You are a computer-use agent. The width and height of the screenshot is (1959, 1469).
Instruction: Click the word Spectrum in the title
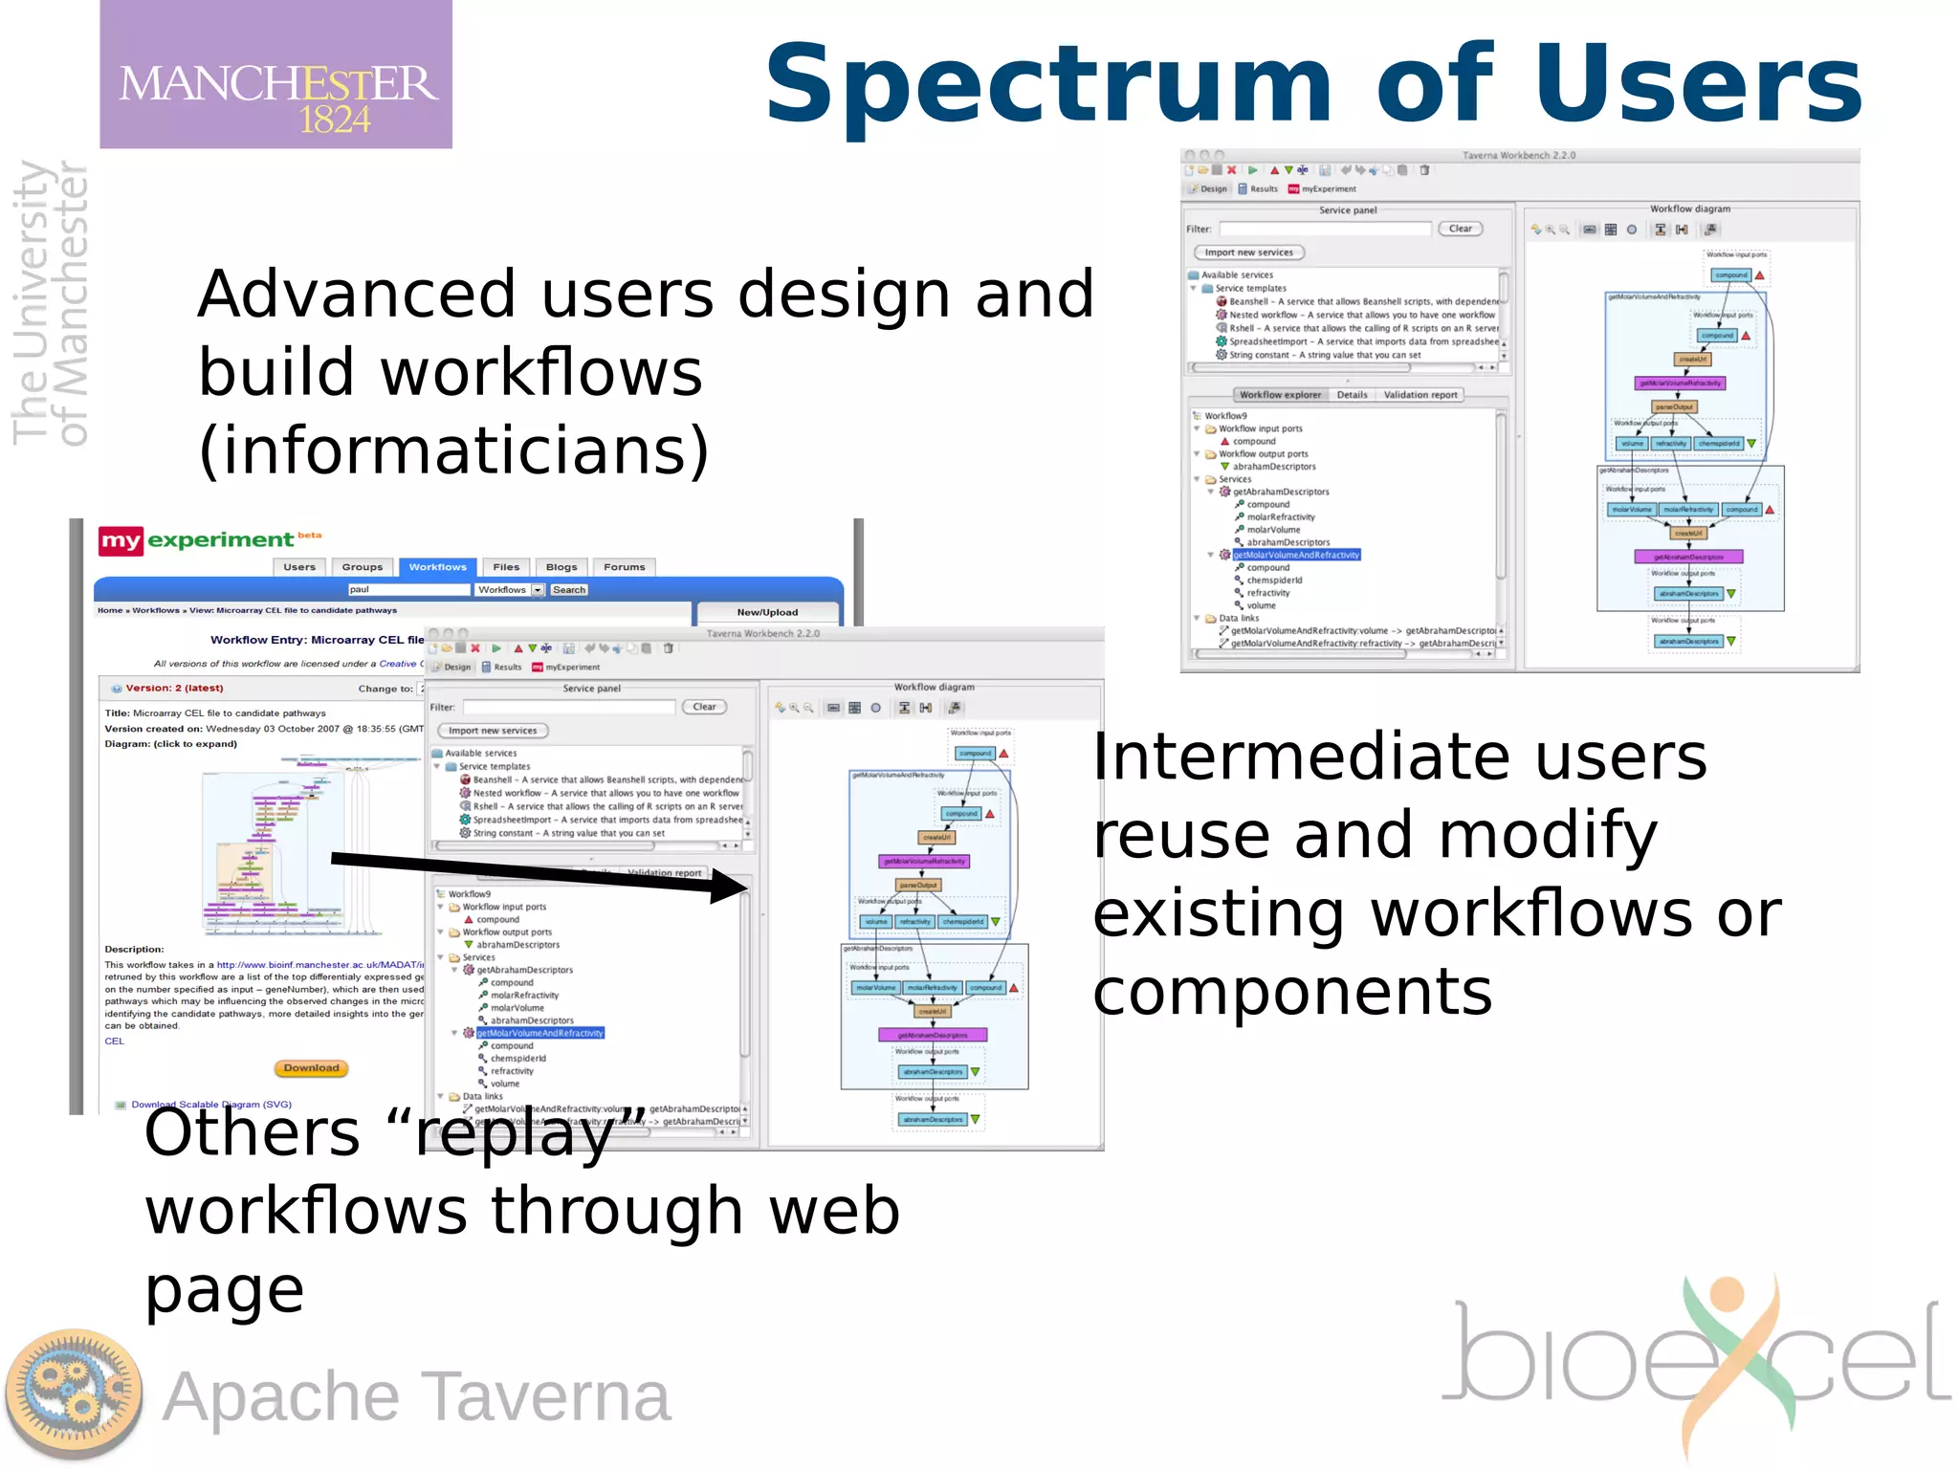[1047, 86]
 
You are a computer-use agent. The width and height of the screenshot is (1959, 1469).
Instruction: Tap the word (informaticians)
[454, 451]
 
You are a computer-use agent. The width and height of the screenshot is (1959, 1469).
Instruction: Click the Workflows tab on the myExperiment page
[437, 567]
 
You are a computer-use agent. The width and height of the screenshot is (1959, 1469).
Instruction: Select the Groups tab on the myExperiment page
[362, 567]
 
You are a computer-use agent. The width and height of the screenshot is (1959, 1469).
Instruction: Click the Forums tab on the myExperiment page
[624, 567]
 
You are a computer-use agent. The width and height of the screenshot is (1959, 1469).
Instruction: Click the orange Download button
[311, 1068]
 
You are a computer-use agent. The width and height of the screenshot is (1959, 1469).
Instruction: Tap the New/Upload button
[767, 612]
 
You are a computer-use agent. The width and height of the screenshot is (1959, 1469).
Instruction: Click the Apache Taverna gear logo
[74, 1394]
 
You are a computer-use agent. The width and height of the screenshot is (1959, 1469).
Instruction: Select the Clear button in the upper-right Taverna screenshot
[1460, 229]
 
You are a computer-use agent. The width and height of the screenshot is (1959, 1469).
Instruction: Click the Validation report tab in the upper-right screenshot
[1420, 395]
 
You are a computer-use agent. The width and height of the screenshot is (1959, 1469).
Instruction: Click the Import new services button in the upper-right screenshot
[1248, 252]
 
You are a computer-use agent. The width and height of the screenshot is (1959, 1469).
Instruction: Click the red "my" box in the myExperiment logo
[121, 541]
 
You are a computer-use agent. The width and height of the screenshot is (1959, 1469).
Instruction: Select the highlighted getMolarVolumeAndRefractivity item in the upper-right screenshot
[1295, 555]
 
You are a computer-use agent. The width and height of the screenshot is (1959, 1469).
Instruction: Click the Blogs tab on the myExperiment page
[561, 567]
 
